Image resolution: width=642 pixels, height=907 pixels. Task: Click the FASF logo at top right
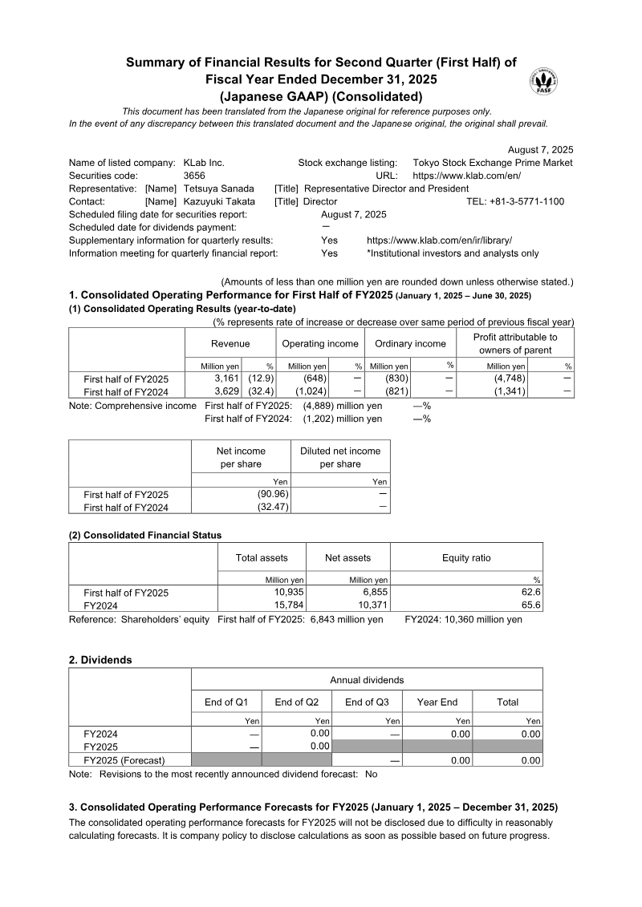point(544,82)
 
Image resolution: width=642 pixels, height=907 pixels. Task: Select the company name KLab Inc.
point(204,163)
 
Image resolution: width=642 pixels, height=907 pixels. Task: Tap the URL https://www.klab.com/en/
point(466,176)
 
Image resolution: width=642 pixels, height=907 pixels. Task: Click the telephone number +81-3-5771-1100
point(526,201)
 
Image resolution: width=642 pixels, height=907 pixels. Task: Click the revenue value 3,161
point(227,379)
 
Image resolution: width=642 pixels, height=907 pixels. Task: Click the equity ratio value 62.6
point(531,593)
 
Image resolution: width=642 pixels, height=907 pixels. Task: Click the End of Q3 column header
point(367,702)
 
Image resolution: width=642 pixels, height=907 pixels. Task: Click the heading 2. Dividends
point(100,660)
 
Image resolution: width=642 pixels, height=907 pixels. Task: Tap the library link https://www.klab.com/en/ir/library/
point(439,241)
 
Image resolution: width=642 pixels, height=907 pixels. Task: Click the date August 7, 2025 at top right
point(541,150)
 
